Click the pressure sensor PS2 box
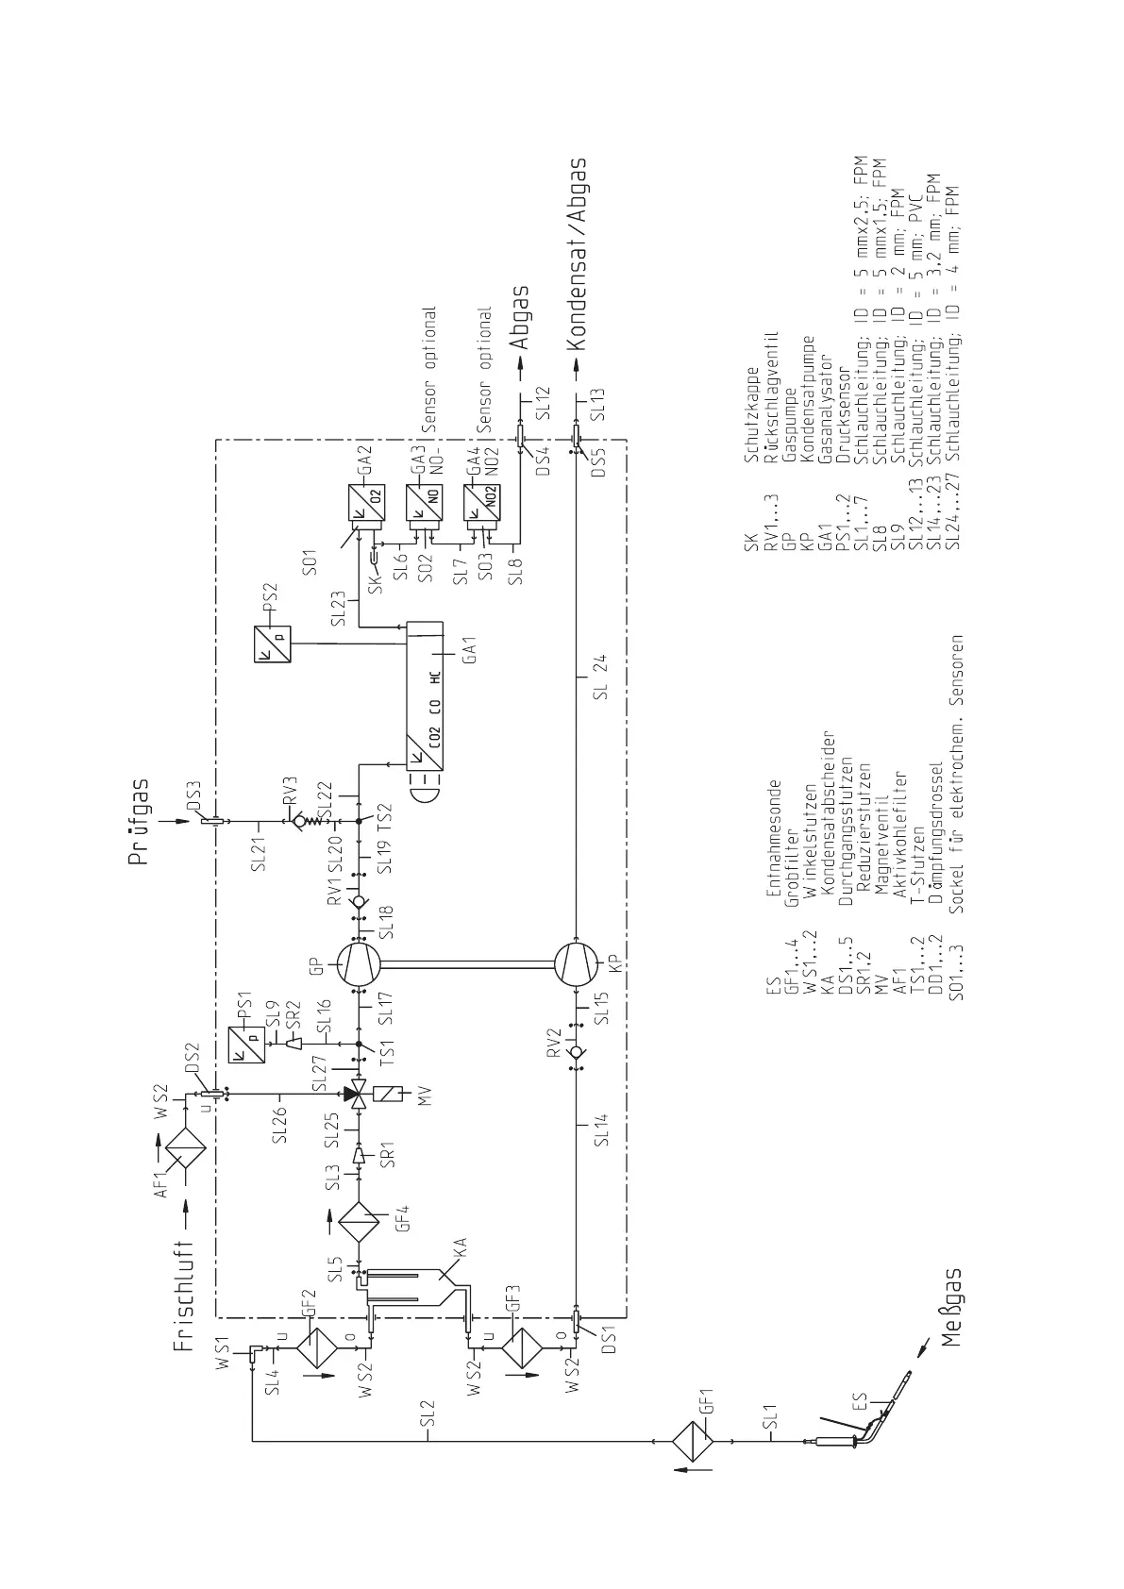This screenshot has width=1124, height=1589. [273, 644]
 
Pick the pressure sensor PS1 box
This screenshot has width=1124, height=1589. [245, 1045]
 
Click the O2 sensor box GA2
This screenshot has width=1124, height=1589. [365, 504]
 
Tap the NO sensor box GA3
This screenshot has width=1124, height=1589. [425, 504]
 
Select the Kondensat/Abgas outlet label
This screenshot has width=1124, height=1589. [578, 255]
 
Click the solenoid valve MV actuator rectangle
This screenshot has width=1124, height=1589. [392, 1095]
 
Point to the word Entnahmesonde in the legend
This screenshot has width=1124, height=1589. [774, 839]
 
